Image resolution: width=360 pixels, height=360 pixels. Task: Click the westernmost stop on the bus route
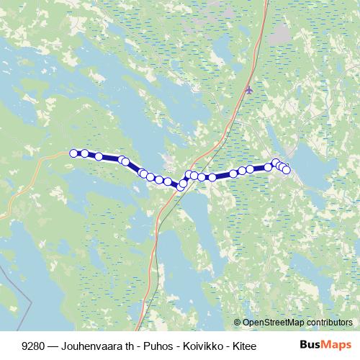pyautogui.click(x=73, y=153)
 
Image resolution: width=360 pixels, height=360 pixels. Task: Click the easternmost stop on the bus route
pyautogui.click(x=286, y=170)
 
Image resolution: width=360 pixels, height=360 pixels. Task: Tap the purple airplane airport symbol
pyautogui.click(x=249, y=90)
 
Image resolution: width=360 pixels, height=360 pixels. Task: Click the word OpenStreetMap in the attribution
pyautogui.click(x=274, y=323)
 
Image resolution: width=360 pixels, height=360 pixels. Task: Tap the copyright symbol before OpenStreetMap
pyautogui.click(x=237, y=323)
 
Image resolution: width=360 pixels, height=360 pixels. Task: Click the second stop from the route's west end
pyautogui.click(x=85, y=153)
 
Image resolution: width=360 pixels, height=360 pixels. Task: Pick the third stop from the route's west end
pyautogui.click(x=99, y=156)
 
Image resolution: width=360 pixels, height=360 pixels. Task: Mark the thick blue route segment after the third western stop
pyautogui.click(x=111, y=158)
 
